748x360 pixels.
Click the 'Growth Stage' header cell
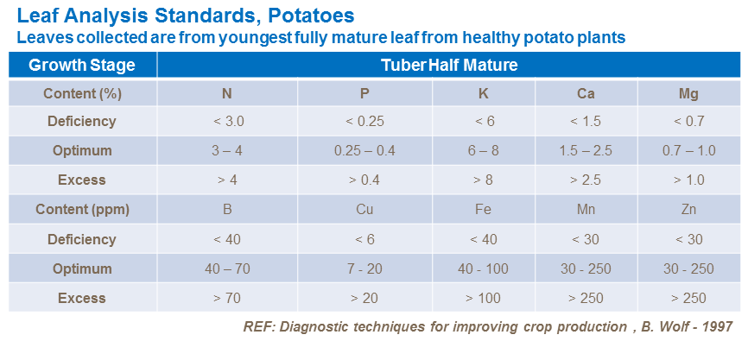[82, 65]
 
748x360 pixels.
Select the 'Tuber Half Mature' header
[449, 65]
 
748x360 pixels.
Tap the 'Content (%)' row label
[82, 92]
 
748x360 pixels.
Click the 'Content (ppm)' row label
[82, 210]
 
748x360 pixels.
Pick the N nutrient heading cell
[227, 92]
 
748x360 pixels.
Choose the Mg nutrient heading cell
[688, 92]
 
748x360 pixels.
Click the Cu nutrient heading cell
[364, 210]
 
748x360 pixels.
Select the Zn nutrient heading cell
[688, 210]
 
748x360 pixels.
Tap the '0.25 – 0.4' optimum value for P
[364, 151]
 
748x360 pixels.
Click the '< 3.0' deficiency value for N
[227, 122]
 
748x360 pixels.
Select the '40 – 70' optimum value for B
[227, 268]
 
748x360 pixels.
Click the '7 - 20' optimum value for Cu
[364, 268]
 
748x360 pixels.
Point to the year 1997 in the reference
[715, 328]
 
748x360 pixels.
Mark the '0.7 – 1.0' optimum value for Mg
[688, 151]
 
